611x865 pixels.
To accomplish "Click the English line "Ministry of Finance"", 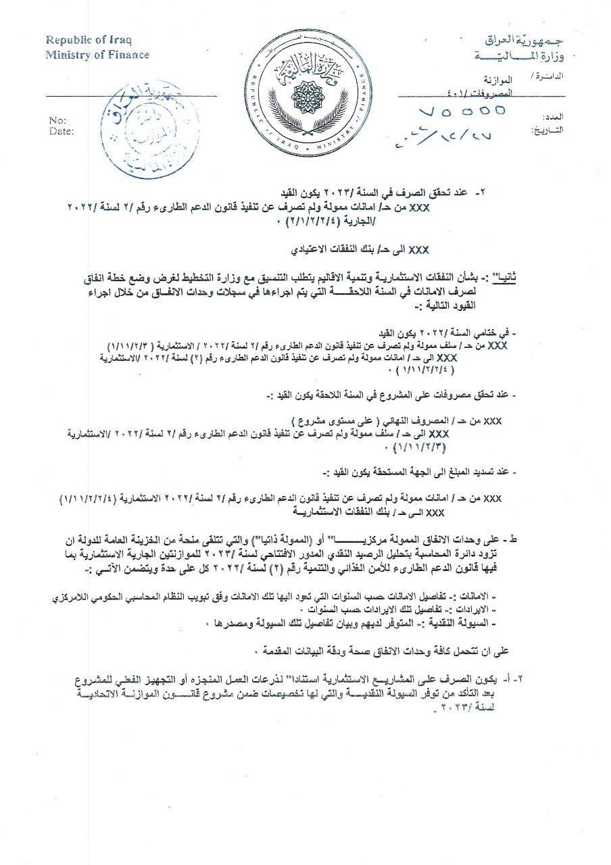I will point(97,54).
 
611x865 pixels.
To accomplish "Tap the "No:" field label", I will point(57,121).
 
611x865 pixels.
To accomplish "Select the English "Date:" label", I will point(61,131).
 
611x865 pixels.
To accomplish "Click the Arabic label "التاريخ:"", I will point(547,128).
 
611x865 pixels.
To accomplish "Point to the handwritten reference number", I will point(460,112).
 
